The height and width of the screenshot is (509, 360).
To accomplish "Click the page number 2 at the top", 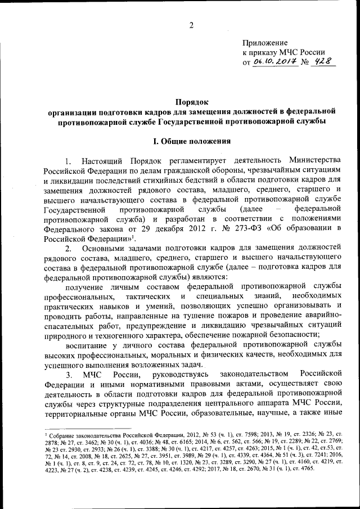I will (192, 25).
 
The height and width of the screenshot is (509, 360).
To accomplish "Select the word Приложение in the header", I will (265, 43).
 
